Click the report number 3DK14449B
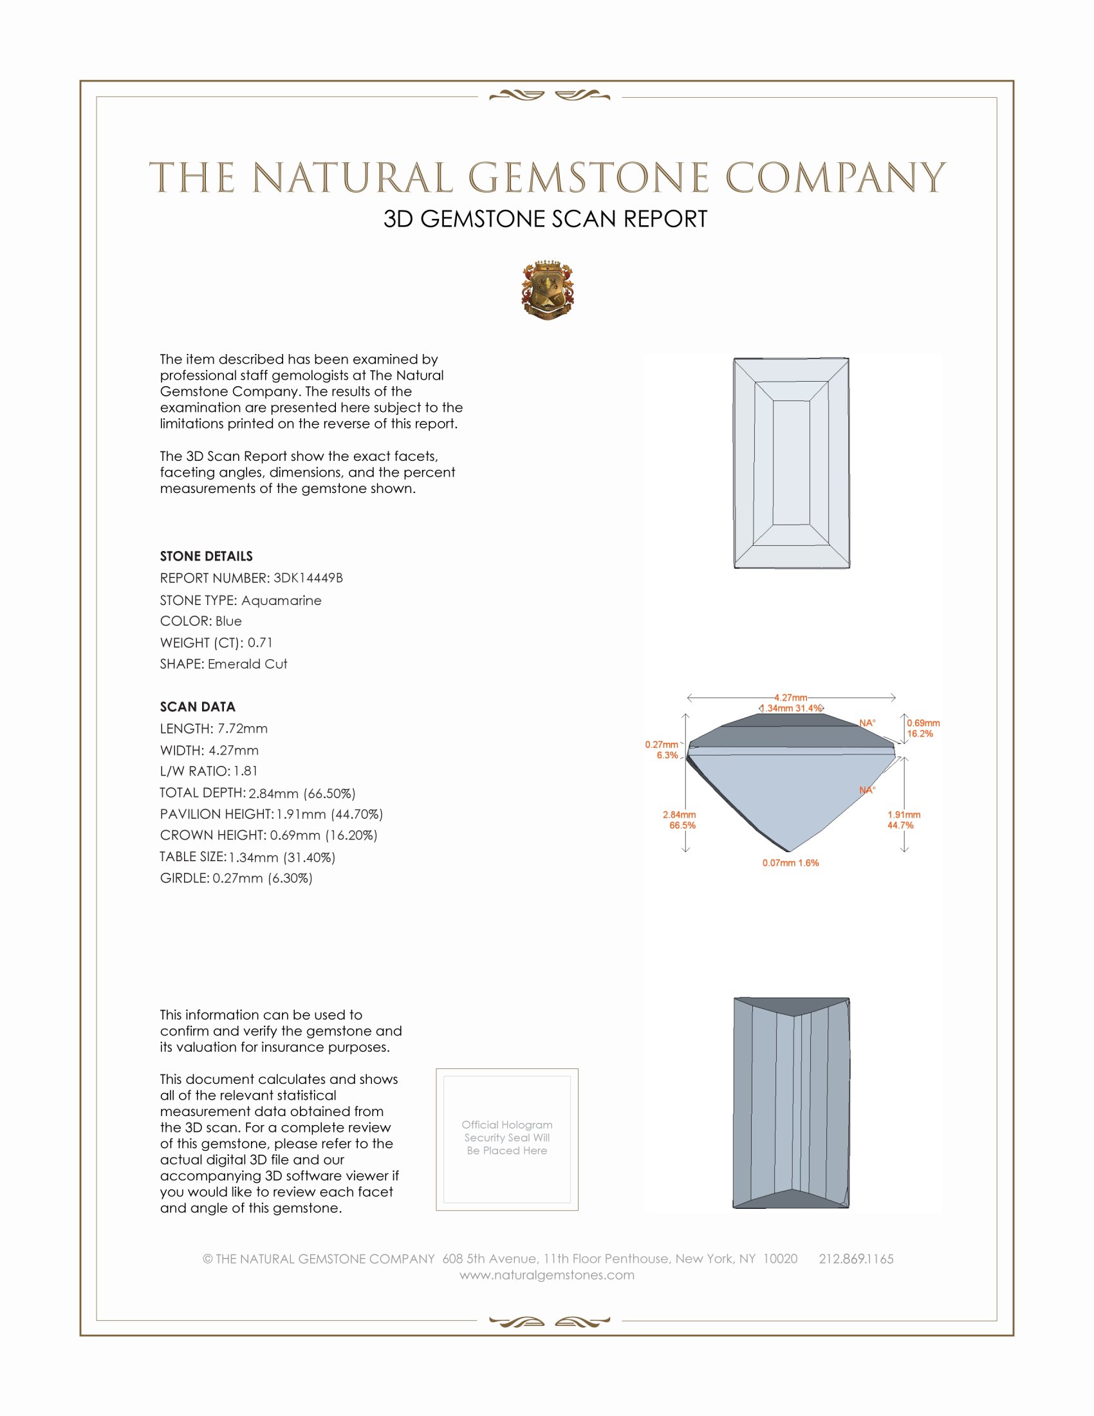(x=308, y=578)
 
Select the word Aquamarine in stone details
(x=281, y=601)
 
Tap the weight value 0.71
(x=260, y=642)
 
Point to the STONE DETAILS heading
(x=206, y=556)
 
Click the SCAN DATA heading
(x=198, y=707)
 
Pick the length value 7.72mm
(x=243, y=729)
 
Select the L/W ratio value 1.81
(x=246, y=771)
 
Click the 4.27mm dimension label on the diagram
(x=791, y=698)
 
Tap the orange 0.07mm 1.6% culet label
(x=790, y=863)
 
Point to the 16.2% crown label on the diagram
(x=920, y=734)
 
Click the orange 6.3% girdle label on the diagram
(x=667, y=756)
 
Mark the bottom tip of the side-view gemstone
(x=790, y=851)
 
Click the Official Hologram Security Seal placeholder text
(x=507, y=1137)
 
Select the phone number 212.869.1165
(x=855, y=1259)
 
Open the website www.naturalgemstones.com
(x=547, y=1275)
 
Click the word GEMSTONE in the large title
(x=588, y=178)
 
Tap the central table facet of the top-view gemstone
(x=792, y=462)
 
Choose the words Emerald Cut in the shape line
(x=247, y=664)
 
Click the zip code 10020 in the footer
(x=780, y=1259)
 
